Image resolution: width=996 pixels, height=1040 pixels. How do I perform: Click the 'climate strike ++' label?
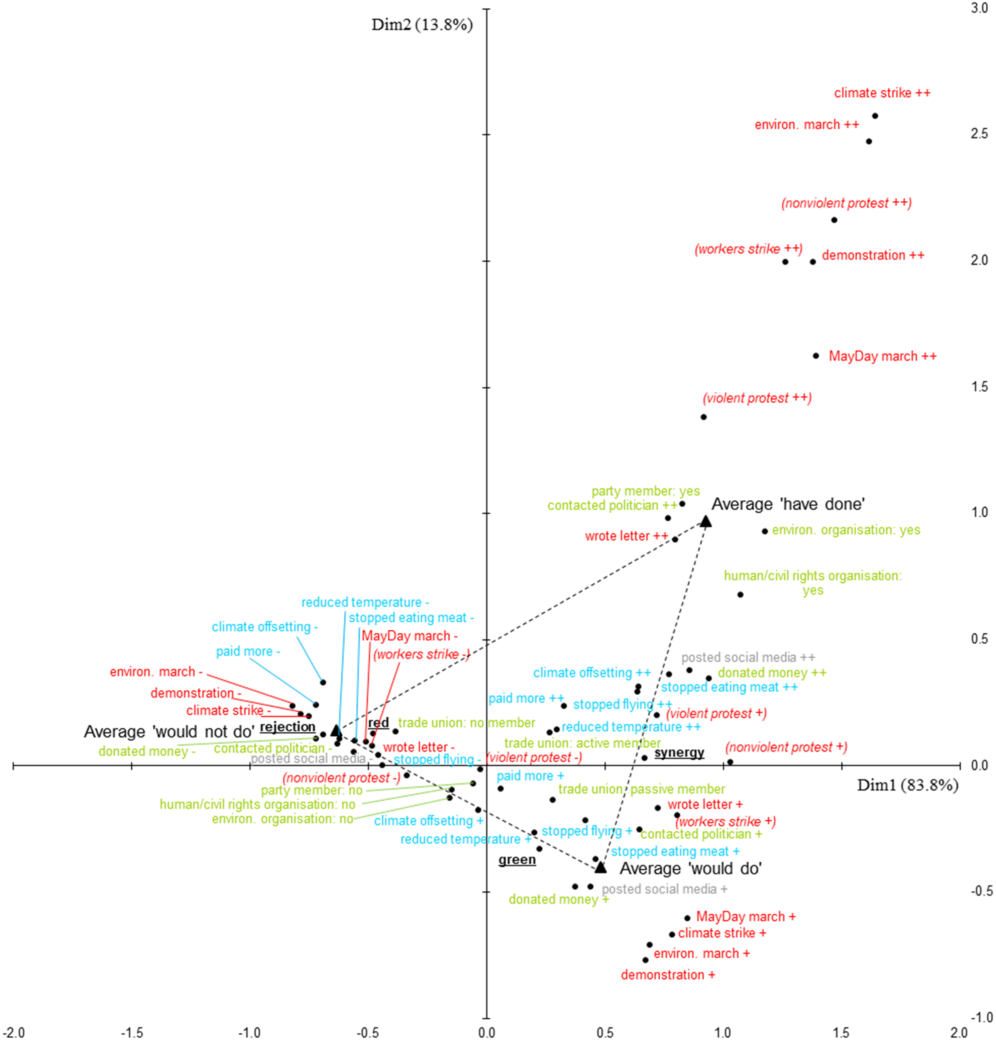882,93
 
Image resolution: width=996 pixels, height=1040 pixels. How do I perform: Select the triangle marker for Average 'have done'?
705,522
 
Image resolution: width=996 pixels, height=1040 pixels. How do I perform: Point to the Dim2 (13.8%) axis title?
422,25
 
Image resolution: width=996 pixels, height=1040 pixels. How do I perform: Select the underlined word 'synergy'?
679,752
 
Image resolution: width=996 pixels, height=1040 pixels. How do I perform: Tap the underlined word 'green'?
517,860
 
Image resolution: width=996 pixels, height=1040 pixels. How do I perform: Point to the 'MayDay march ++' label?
882,356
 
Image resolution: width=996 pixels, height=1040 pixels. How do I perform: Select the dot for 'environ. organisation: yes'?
765,531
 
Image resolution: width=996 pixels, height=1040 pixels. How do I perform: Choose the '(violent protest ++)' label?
757,398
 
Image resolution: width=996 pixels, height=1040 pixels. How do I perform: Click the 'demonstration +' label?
668,975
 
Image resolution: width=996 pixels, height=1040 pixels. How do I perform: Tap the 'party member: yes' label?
645,491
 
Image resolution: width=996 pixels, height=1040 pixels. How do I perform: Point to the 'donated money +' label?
559,900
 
